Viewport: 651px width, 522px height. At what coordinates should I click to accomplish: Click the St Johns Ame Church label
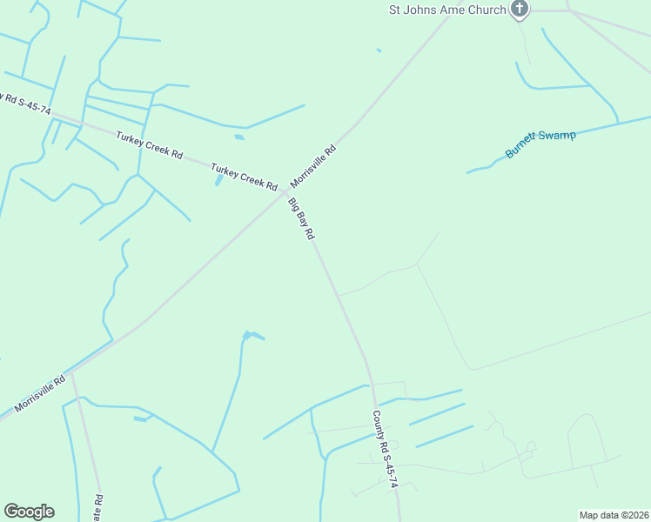447,10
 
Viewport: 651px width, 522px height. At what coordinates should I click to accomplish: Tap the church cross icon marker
520,10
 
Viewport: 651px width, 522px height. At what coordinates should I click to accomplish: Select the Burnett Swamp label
540,144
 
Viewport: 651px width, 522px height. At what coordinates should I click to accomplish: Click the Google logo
29,511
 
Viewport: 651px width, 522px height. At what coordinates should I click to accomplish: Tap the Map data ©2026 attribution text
614,514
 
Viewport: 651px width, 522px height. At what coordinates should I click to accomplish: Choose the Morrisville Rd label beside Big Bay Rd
312,166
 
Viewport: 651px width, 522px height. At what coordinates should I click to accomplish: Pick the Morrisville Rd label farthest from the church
40,394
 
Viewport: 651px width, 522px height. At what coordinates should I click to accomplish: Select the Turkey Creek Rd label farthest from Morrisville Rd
149,144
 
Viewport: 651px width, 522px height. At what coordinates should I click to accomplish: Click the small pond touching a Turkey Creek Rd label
218,179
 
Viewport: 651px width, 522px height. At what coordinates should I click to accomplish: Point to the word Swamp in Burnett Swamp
557,137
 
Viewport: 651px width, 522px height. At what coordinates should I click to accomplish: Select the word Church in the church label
488,10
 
